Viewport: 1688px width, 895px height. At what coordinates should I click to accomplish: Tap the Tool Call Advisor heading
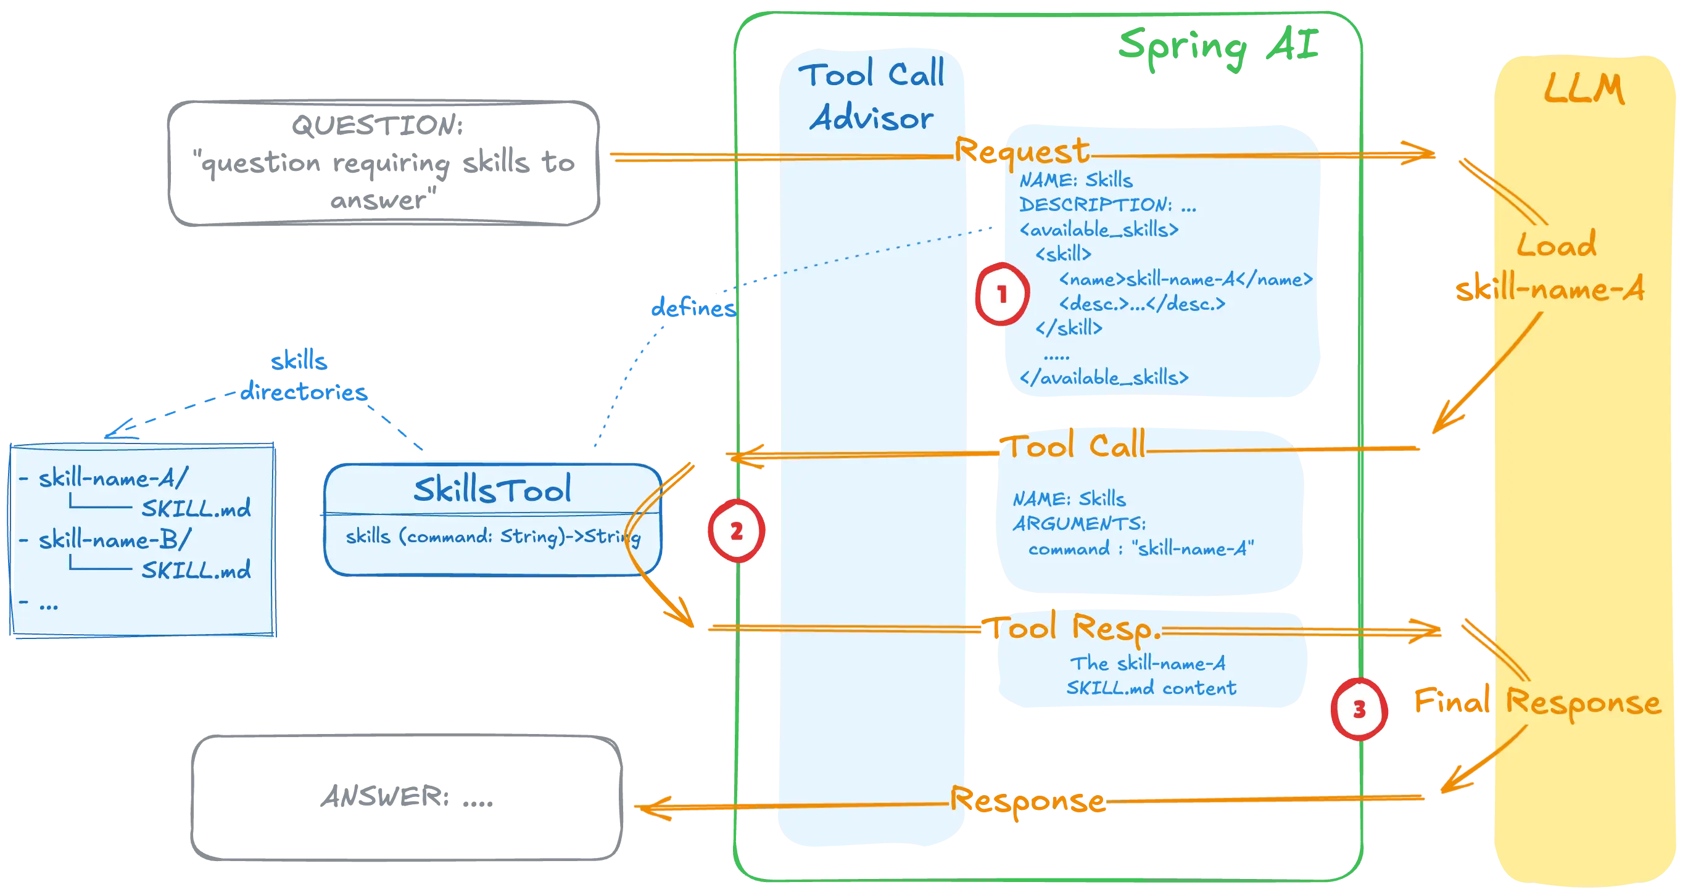[x=872, y=96]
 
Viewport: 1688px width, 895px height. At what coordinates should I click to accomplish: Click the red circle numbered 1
[x=1001, y=294]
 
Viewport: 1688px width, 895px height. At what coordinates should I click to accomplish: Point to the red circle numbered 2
[x=736, y=530]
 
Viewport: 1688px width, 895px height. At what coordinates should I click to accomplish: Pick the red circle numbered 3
[x=1359, y=709]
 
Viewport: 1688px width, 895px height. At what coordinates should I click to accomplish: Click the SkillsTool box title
[x=492, y=489]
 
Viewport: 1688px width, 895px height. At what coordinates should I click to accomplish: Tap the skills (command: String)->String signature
[x=493, y=537]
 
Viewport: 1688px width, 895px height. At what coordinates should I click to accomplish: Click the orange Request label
[x=1022, y=151]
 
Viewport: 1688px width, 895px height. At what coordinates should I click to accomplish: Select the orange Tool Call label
[x=1075, y=447]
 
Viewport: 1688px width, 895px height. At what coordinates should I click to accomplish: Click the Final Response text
[x=1537, y=702]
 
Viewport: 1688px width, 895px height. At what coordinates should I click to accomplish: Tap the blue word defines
[x=693, y=307]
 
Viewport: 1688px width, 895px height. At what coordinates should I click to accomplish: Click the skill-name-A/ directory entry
[x=113, y=478]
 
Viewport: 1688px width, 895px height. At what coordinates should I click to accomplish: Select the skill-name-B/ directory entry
[x=114, y=540]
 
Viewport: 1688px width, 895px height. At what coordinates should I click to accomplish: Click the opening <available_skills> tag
[x=1099, y=229]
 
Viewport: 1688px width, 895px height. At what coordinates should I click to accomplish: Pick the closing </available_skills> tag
[x=1104, y=377]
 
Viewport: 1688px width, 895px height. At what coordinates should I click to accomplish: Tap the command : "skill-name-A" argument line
[x=1141, y=548]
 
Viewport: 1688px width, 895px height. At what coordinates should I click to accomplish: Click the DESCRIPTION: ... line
[x=1107, y=204]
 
